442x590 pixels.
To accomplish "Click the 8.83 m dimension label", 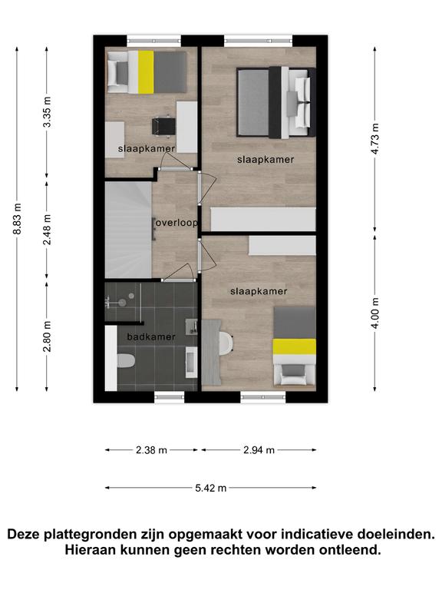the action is point(17,219).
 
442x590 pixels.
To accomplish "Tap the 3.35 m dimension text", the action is point(47,111).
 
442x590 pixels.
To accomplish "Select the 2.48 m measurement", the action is point(47,230).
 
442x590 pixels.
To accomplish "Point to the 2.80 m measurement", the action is point(47,336).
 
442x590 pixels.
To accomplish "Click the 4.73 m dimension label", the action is point(374,138).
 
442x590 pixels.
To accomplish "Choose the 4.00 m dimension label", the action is point(374,313).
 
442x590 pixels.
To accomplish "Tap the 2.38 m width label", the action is point(151,450).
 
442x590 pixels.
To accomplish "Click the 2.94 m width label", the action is point(259,450).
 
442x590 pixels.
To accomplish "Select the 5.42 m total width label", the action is point(210,488).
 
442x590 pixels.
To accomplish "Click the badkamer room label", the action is point(151,336).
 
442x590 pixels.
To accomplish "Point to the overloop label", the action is point(176,223).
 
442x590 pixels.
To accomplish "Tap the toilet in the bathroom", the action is point(126,360).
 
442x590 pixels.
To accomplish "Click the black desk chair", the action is point(164,126).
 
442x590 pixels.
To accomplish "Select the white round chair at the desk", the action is point(226,343).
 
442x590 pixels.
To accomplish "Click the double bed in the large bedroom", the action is point(276,102).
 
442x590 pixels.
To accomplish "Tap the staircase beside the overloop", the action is point(128,230).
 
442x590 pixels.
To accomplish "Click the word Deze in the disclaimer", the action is point(23,535).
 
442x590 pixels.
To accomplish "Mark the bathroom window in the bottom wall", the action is point(169,397).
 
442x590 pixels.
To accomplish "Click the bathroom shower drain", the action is point(122,302).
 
